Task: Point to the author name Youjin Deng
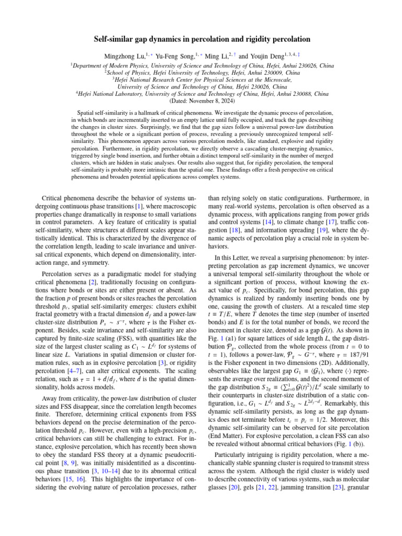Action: [285, 56]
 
